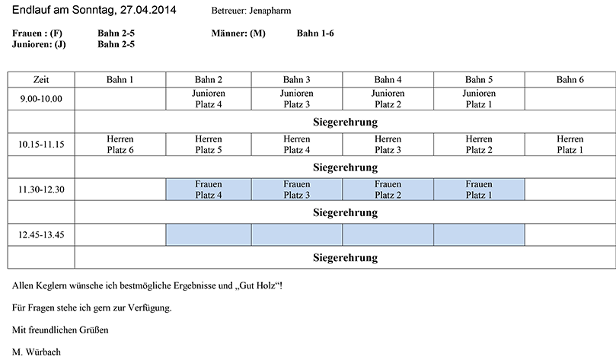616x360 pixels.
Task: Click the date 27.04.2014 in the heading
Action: tap(148, 10)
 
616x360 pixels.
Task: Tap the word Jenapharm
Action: tap(270, 11)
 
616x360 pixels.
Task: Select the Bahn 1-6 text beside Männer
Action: tap(315, 33)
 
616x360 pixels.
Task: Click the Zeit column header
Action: tap(41, 80)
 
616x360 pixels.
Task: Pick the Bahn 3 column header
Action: tap(297, 80)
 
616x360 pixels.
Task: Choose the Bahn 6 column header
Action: tap(570, 80)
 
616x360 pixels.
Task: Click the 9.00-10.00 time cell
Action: tap(41, 98)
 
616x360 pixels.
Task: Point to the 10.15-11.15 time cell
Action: tap(41, 144)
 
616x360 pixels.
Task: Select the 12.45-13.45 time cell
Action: tap(41, 234)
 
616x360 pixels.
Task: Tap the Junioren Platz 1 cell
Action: tap(479, 98)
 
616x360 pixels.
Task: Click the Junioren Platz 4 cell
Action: tap(208, 98)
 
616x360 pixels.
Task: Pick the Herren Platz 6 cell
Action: tap(120, 144)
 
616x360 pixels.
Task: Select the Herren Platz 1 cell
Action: tap(570, 144)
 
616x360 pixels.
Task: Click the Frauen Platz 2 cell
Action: tap(388, 190)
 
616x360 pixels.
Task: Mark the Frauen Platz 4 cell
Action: tap(208, 190)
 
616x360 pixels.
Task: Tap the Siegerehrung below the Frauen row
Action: tap(346, 212)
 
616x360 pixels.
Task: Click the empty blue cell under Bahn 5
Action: tap(479, 234)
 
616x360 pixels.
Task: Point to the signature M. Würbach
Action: tap(37, 352)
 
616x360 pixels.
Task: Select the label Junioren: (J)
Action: tap(39, 44)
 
